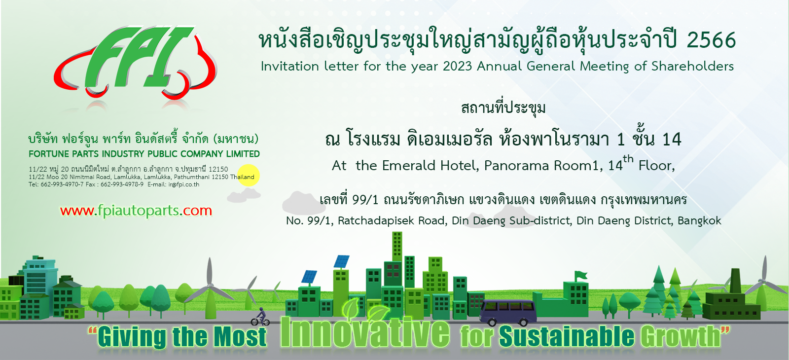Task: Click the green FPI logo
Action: pos(136,62)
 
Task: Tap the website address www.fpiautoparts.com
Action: pos(136,211)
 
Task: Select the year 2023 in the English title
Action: pos(457,66)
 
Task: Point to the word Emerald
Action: pos(409,165)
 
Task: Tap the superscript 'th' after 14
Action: pos(628,159)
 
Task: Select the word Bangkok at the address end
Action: pos(700,220)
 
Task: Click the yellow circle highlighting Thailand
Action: pos(249,176)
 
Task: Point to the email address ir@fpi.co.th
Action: pos(184,184)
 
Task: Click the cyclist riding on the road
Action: pos(260,317)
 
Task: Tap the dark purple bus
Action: pos(508,312)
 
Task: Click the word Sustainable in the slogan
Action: pos(567,336)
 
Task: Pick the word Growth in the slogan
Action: pos(680,336)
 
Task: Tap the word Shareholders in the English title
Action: pos(692,66)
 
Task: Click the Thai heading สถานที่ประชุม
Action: pos(503,108)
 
